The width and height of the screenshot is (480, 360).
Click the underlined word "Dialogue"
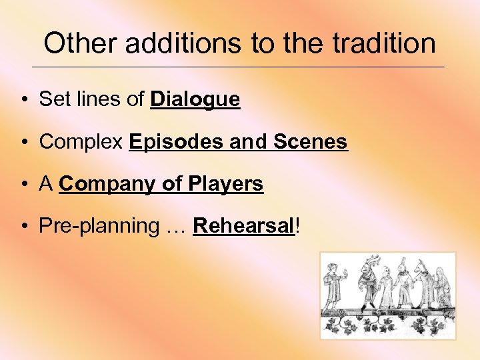(195, 100)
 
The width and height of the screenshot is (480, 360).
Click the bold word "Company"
(109, 184)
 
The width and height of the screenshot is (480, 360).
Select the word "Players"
(227, 184)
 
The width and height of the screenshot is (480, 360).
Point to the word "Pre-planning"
(95, 226)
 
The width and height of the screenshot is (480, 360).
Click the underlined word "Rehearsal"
(243, 226)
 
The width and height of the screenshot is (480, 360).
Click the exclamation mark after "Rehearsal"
(297, 226)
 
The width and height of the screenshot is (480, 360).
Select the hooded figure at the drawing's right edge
(442, 287)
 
